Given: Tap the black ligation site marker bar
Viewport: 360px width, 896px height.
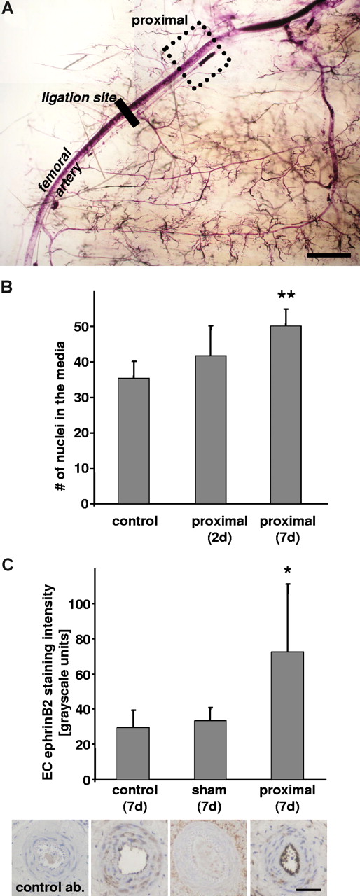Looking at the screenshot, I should pyautogui.click(x=128, y=113).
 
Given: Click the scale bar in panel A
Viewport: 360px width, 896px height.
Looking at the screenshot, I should pyautogui.click(x=328, y=255).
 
